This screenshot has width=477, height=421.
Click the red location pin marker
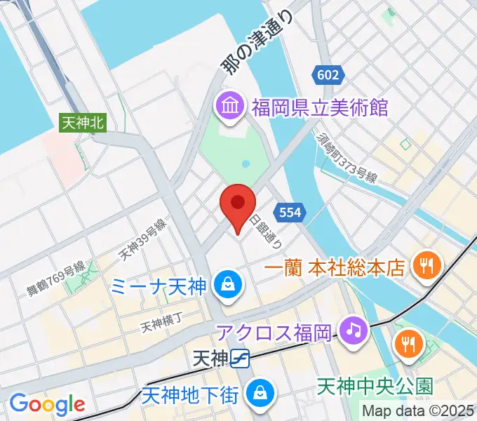(x=237, y=205)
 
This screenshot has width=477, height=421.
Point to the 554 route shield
(x=291, y=211)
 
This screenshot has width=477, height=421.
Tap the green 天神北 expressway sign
(x=83, y=122)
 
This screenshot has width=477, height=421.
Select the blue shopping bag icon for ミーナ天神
(x=229, y=283)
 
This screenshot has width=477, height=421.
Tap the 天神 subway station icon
(x=241, y=359)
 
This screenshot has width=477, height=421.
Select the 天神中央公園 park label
(x=375, y=385)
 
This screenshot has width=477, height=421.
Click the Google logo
(x=47, y=404)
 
